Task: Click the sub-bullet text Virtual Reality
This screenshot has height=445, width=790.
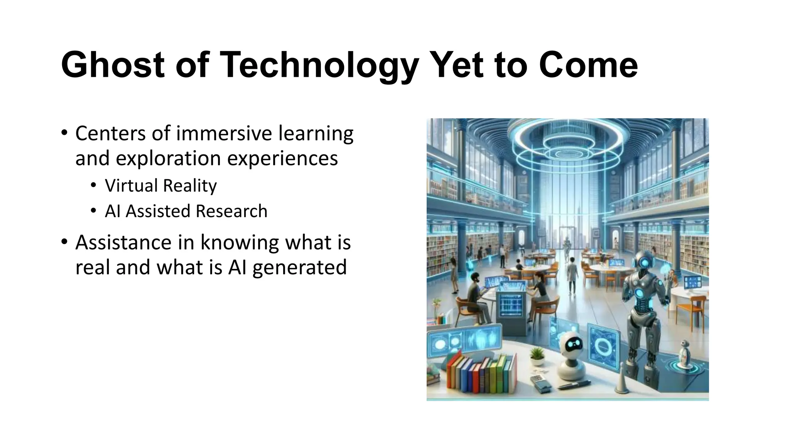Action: (x=160, y=185)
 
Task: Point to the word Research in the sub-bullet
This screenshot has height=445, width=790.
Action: (x=231, y=211)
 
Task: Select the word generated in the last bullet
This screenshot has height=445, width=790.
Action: (x=299, y=267)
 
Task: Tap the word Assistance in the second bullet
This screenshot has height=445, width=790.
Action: (x=123, y=243)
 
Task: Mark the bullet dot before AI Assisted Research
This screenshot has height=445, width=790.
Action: (x=93, y=211)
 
